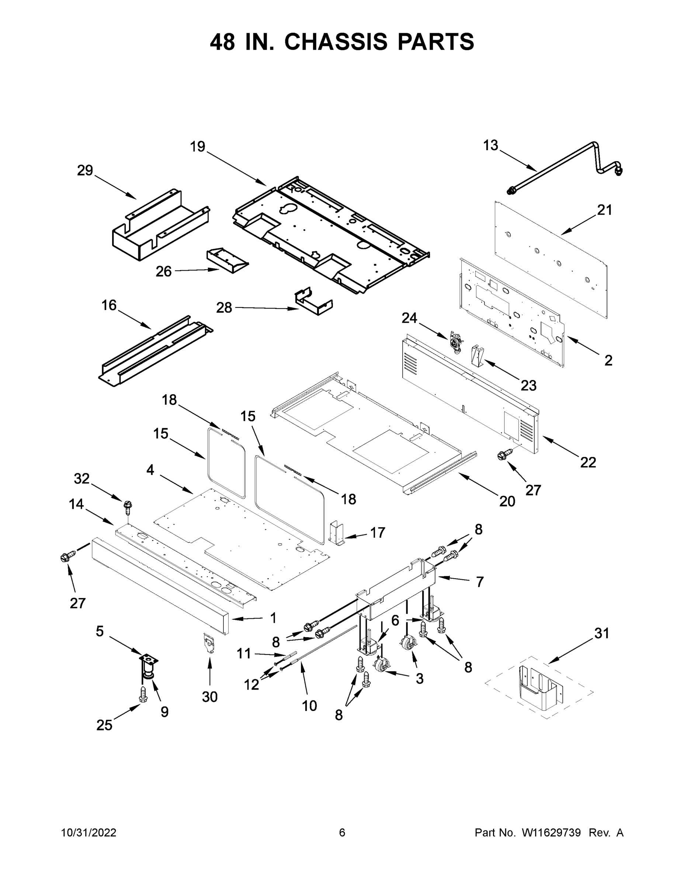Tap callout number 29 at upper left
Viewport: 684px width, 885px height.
pos(85,171)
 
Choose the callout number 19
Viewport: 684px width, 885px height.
pos(198,147)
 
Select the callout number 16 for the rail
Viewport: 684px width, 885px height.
pos(109,305)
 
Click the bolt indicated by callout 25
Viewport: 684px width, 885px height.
pos(143,694)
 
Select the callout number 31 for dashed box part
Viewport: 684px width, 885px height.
pos(601,633)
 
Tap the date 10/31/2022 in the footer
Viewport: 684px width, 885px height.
pos(89,833)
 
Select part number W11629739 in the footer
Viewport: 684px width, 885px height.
pos(551,833)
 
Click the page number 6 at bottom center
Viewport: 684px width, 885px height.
pos(342,833)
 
